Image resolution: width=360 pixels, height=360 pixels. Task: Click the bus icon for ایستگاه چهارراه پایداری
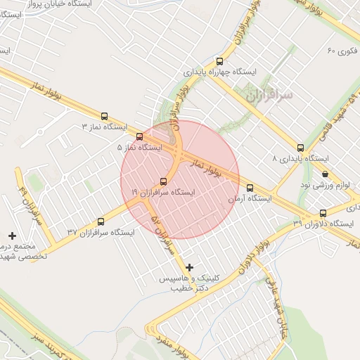(x=220, y=61)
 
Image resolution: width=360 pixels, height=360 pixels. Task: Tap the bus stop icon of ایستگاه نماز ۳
(x=105, y=117)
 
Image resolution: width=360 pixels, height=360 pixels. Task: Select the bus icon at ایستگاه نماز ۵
(x=139, y=136)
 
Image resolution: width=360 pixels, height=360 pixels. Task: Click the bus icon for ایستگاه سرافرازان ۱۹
(x=164, y=180)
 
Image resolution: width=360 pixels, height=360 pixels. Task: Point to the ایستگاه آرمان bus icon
(x=250, y=188)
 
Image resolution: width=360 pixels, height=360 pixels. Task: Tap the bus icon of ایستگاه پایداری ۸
(x=300, y=148)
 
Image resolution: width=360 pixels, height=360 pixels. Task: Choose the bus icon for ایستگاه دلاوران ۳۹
(x=323, y=213)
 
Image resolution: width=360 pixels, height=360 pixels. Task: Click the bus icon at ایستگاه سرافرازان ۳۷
(x=101, y=221)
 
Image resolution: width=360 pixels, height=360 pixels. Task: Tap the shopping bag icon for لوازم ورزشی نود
(x=325, y=174)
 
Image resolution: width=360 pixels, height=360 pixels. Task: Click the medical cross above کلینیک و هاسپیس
(x=189, y=267)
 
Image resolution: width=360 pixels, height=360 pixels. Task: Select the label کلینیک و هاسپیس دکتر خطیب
(x=186, y=283)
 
